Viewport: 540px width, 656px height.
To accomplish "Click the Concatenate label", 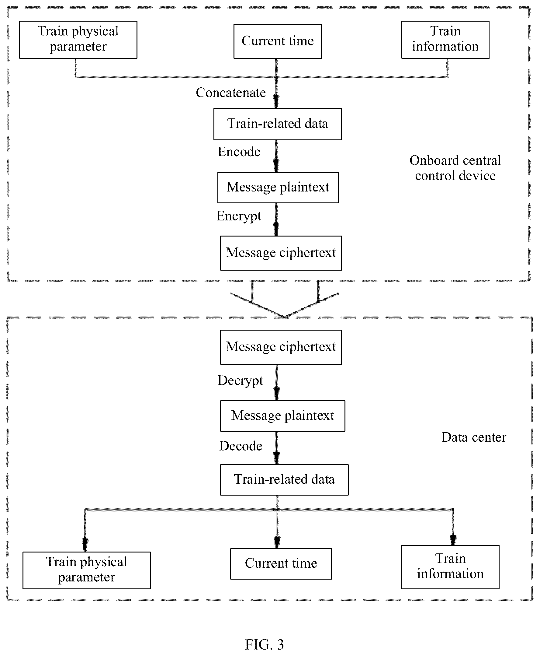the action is point(231,93).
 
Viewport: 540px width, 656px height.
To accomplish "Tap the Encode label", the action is point(239,152).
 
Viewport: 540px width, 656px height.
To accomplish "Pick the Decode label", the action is point(241,446).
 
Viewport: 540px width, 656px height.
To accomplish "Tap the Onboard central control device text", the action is point(455,168).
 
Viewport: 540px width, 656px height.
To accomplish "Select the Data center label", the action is point(474,437).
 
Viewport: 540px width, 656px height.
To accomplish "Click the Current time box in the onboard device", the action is point(278,41).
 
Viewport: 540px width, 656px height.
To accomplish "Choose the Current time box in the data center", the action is point(281,564).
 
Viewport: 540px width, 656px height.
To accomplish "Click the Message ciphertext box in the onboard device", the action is point(281,253).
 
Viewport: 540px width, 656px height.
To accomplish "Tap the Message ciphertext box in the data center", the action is point(281,347).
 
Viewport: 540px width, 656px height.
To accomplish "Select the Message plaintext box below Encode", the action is point(278,188).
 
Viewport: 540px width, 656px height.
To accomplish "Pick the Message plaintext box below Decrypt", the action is point(282,416).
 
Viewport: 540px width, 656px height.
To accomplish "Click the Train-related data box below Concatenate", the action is point(278,124).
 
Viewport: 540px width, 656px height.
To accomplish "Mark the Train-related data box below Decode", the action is point(284,480).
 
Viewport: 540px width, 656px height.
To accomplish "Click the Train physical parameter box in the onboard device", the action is point(78,40).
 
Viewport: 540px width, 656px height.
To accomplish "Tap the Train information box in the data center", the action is point(450,567).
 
